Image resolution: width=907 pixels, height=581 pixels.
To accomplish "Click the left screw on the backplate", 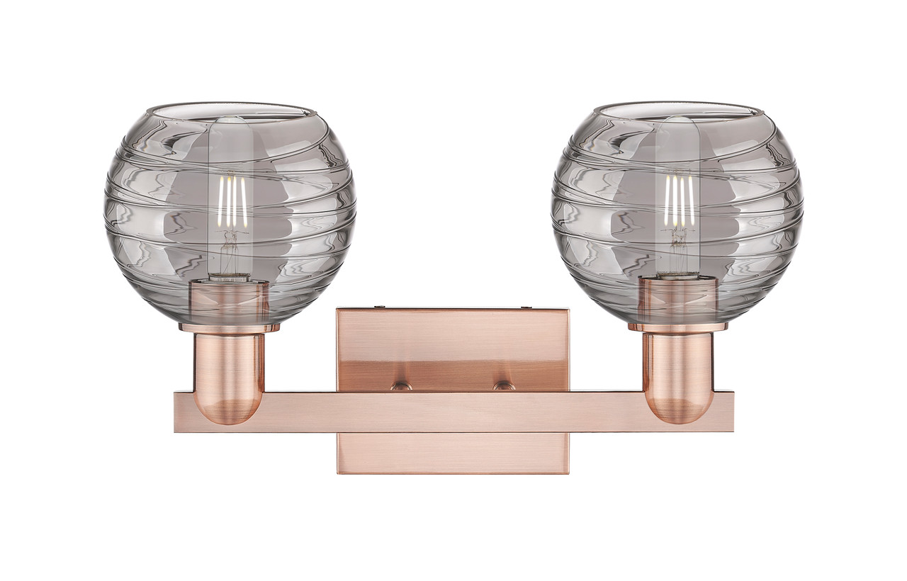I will pos(401,386).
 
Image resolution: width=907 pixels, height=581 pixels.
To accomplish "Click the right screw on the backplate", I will pos(504,386).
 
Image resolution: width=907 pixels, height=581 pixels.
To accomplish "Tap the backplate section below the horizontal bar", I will pos(453,453).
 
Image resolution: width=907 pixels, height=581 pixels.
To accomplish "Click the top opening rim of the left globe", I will pos(230,110).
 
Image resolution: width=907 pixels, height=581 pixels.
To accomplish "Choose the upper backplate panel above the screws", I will pos(453,340).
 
